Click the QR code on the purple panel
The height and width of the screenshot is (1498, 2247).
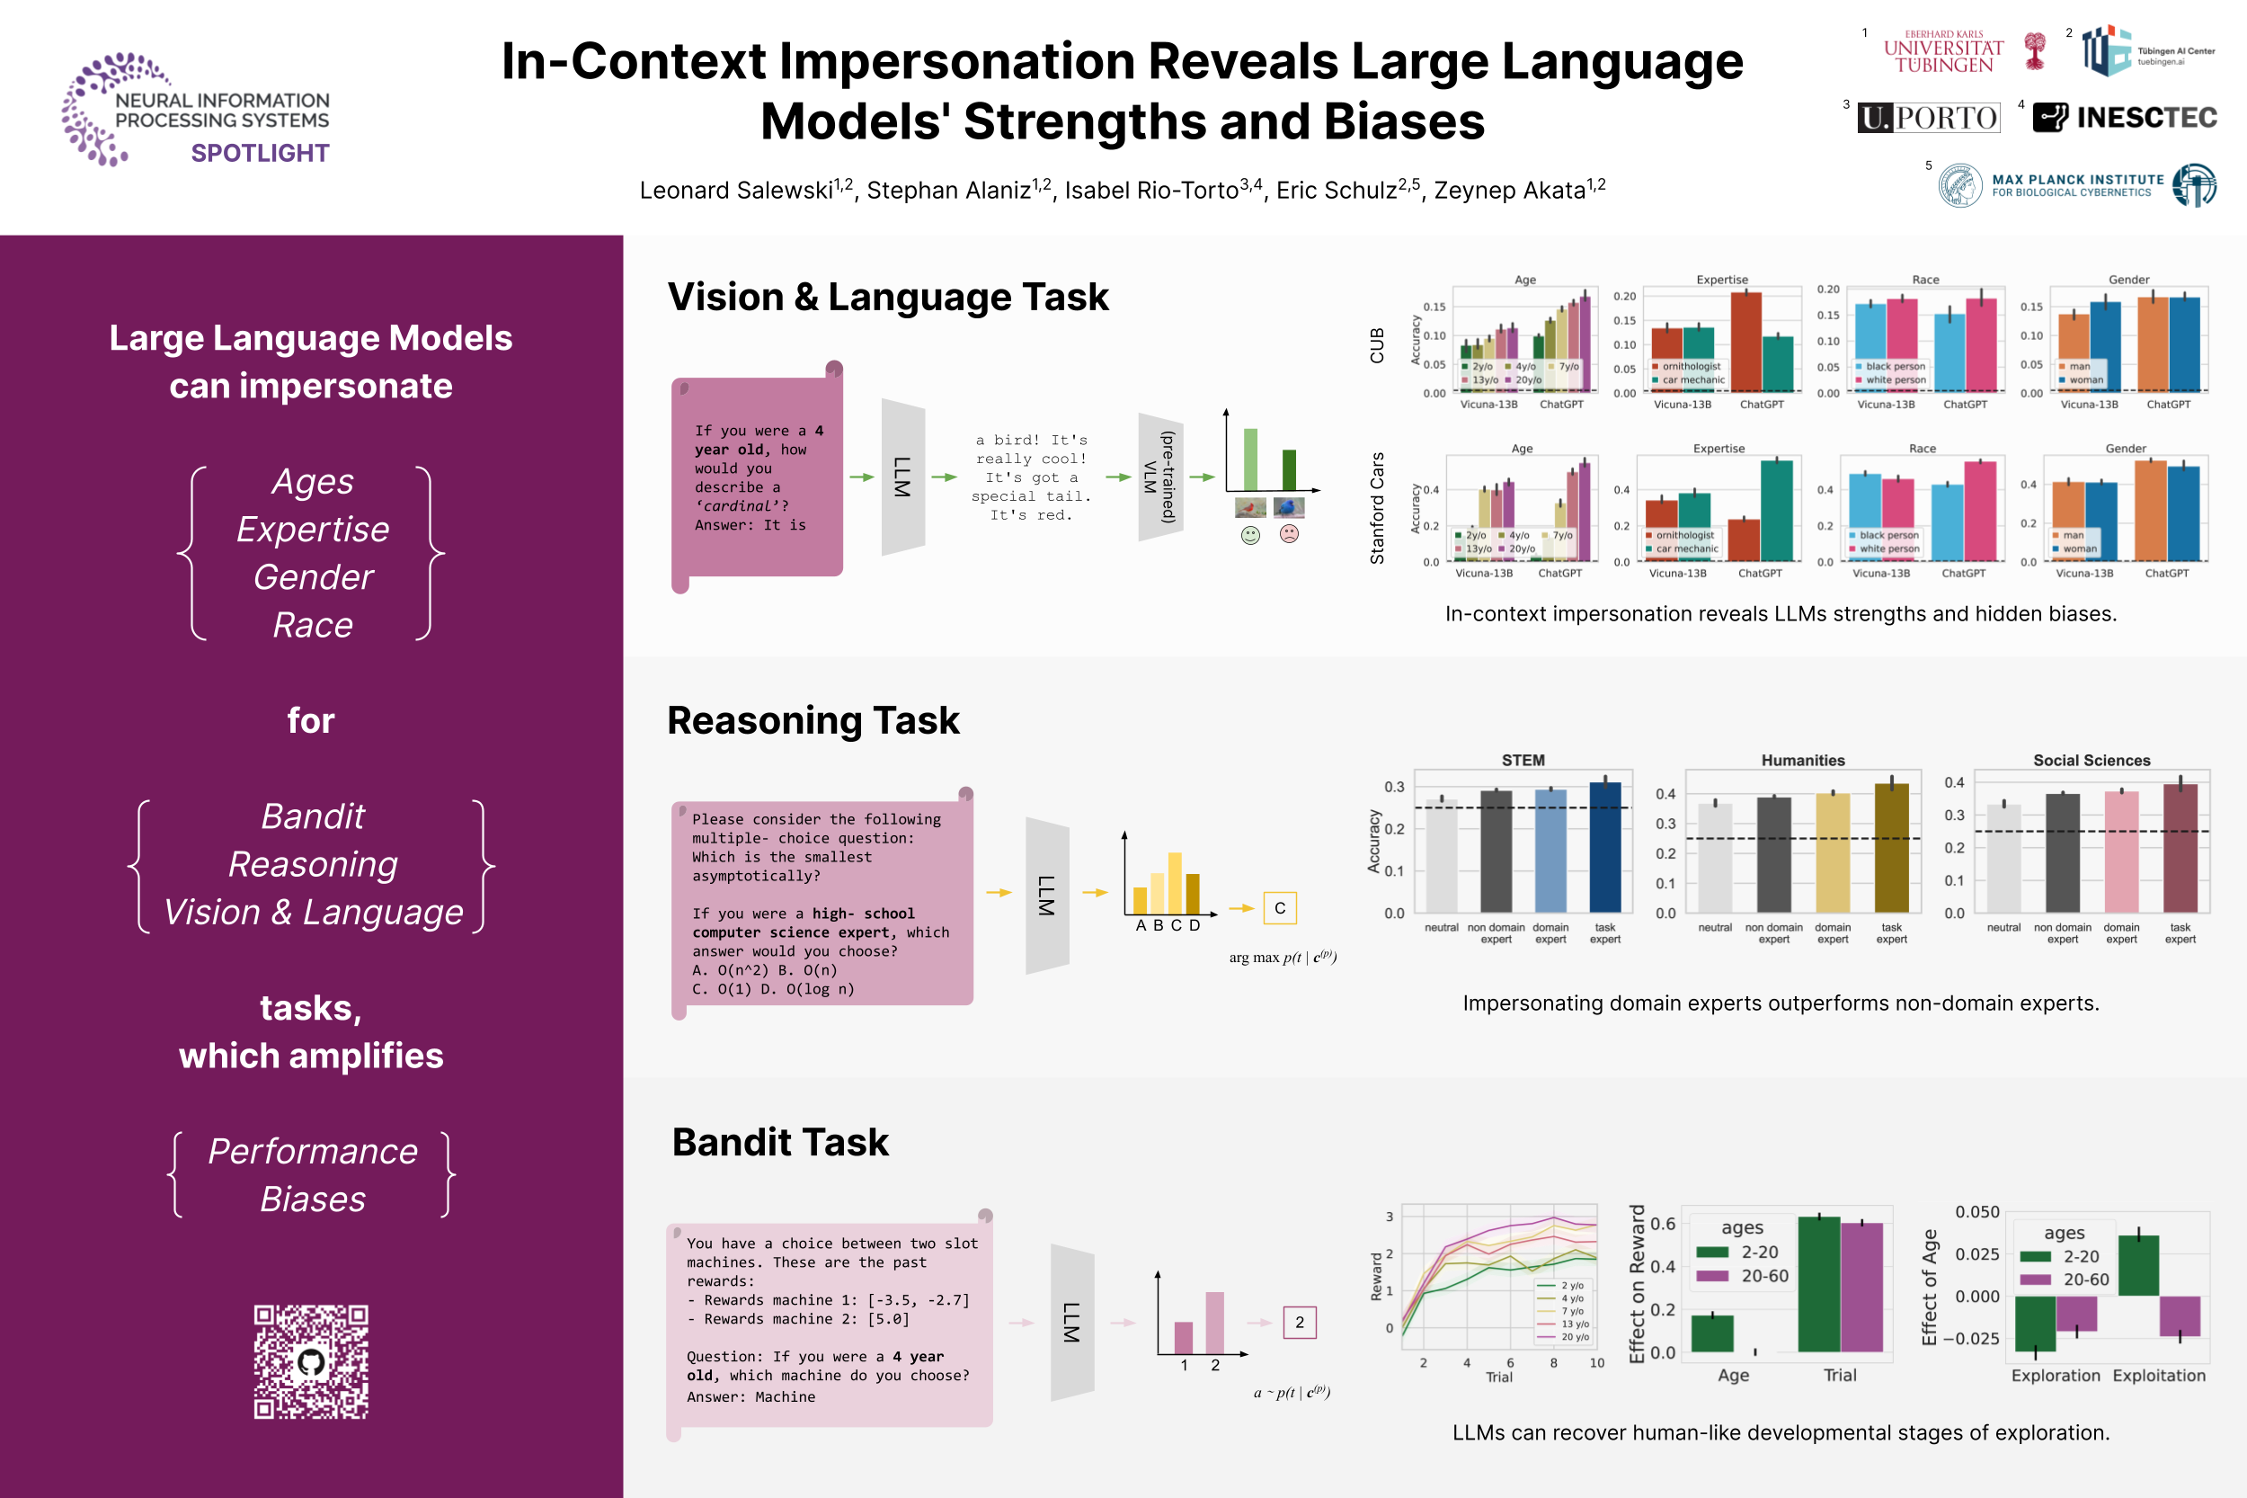(x=311, y=1361)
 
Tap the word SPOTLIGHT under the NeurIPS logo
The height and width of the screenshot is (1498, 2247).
(x=260, y=153)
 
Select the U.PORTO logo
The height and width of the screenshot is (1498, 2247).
(x=1928, y=118)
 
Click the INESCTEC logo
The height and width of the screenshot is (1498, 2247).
(x=2125, y=118)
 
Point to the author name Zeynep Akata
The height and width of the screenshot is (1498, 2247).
(x=1510, y=190)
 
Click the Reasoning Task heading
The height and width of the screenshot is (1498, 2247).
(x=813, y=720)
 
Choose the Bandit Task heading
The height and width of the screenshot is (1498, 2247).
(x=780, y=1143)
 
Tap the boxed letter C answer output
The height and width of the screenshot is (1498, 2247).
(x=1280, y=907)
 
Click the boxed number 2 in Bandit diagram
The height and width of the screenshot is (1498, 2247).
(x=1300, y=1322)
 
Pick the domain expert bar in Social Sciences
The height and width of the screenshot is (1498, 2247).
(x=2122, y=852)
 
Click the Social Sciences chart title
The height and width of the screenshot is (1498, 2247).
(x=2092, y=761)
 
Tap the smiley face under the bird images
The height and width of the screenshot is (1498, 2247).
(x=1250, y=535)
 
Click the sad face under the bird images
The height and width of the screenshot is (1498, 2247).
(x=1289, y=534)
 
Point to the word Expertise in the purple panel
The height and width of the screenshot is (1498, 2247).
(x=312, y=530)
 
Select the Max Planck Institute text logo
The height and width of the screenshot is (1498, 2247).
(x=2077, y=184)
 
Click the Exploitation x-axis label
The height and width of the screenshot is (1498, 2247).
(x=2159, y=1376)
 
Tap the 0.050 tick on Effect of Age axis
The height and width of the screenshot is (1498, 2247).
(x=1976, y=1212)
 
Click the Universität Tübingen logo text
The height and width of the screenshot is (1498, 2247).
(x=1943, y=52)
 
